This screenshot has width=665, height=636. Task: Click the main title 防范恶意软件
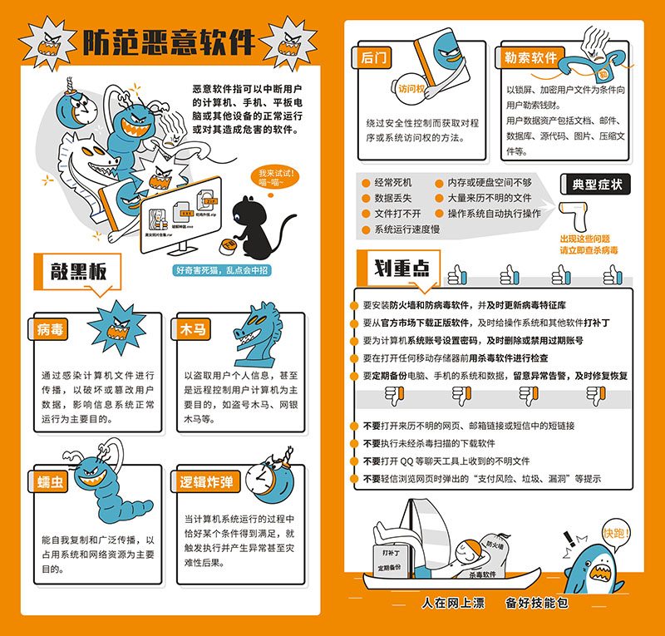point(165,42)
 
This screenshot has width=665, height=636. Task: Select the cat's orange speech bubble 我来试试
point(276,177)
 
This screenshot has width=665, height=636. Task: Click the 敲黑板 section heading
point(81,271)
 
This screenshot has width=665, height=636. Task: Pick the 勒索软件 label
point(530,57)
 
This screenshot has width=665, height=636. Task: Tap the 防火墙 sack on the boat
point(496,545)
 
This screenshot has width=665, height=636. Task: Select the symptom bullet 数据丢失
point(394,198)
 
